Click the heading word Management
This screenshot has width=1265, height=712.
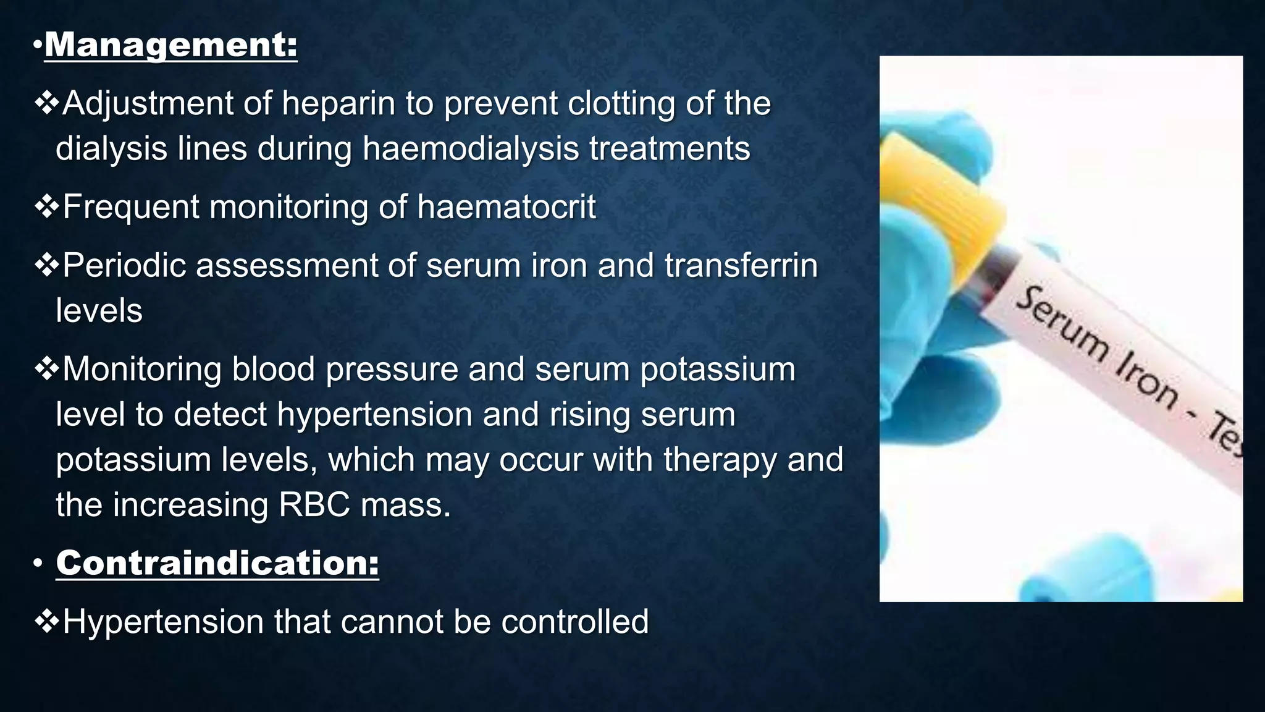click(x=170, y=44)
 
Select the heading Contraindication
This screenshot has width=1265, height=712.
click(x=217, y=562)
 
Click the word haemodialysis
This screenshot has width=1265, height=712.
click(x=471, y=148)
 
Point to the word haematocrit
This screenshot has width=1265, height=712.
click(x=506, y=206)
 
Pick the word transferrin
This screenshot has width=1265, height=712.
click(x=741, y=265)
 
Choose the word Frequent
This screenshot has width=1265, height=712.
click(x=131, y=206)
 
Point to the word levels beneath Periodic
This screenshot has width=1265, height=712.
click(x=99, y=310)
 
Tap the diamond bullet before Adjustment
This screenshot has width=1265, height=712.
click(x=46, y=102)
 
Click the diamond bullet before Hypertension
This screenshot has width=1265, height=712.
click(x=46, y=621)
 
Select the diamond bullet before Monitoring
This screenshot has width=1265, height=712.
click(x=46, y=368)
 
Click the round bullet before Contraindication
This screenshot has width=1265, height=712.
click(x=38, y=563)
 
